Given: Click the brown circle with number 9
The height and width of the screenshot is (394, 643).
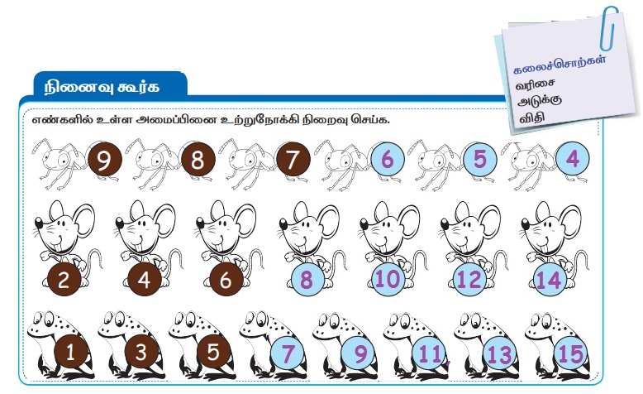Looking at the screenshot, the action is click(105, 160).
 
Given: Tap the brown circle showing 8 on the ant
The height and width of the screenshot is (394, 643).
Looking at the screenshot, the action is click(198, 160).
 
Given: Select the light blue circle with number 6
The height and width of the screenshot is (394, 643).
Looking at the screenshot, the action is click(388, 160).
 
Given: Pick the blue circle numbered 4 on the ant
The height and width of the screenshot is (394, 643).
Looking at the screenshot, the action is click(573, 158).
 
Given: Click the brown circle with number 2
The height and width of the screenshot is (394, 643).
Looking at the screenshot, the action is click(64, 280).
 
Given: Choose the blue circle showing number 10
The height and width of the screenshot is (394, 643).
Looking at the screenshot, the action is click(388, 280).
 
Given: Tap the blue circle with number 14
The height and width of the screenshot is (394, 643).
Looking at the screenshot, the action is click(550, 280).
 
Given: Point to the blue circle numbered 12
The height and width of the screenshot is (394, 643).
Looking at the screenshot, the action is click(469, 280).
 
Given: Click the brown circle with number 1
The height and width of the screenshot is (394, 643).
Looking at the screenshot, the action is click(70, 352).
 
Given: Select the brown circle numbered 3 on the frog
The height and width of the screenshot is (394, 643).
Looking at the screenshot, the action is click(141, 352).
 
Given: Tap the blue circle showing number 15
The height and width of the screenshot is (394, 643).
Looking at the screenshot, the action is click(571, 353).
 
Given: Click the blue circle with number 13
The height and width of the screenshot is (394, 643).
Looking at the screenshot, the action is click(499, 353).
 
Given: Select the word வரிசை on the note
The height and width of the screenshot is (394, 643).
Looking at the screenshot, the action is click(536, 84).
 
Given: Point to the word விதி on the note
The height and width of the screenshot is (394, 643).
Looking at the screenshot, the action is click(531, 118).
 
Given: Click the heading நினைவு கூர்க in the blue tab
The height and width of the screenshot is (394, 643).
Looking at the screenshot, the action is click(102, 87).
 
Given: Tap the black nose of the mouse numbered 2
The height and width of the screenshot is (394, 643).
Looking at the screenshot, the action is click(39, 223).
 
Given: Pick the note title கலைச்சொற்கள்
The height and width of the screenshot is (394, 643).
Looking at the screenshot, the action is click(560, 65).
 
